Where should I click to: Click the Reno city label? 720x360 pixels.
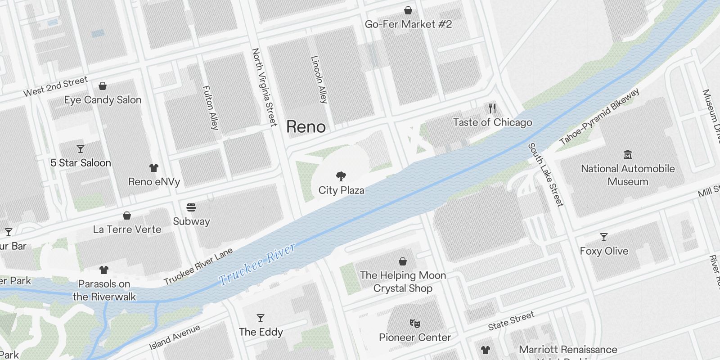[306, 126]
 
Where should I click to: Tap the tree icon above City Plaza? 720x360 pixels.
[341, 176]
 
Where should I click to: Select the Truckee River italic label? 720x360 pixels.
[257, 264]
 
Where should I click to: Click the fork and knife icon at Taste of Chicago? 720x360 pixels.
[492, 108]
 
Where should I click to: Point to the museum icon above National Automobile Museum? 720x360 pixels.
[628, 155]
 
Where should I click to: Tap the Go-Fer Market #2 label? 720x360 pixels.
[408, 24]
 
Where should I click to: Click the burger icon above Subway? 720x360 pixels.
[191, 207]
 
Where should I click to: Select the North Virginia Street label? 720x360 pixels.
[264, 87]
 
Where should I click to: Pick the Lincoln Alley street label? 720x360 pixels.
[319, 80]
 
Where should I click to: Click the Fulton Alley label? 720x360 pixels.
[210, 108]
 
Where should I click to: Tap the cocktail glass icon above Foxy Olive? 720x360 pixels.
[604, 237]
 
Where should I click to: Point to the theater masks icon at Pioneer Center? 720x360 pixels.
[414, 324]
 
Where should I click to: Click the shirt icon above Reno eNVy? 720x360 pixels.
[154, 168]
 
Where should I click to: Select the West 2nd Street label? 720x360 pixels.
[55, 86]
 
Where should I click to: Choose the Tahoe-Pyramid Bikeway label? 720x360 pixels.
[599, 117]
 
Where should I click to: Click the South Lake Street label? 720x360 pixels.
[545, 175]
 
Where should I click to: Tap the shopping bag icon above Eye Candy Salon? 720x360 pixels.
[103, 86]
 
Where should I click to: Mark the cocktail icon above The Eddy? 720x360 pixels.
[261, 318]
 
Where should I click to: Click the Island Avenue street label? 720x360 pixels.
[175, 337]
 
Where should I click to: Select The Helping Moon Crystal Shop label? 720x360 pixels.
[403, 282]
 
